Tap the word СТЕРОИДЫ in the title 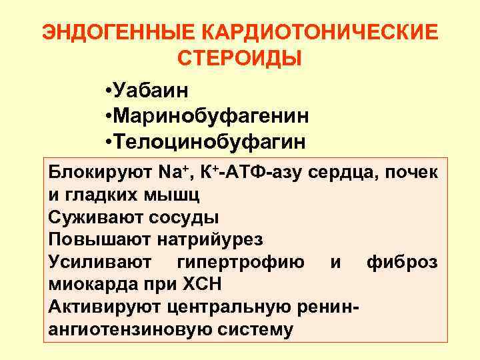tap(240, 58)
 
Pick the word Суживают tap(91, 217)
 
